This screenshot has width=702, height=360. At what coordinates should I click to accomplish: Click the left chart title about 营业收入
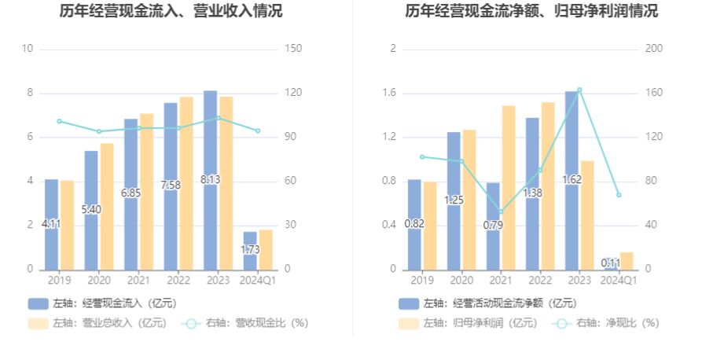171,12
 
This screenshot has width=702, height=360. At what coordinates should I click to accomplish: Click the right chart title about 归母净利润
532,12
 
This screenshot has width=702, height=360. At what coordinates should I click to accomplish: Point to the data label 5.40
91,210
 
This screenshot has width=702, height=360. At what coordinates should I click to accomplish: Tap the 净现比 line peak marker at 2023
579,90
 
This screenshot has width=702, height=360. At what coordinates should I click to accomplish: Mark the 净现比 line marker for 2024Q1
619,195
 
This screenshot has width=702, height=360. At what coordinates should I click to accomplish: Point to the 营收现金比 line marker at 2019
59,121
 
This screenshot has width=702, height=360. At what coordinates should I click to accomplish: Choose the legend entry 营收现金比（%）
244,322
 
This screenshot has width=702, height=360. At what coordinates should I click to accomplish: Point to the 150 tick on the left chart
292,49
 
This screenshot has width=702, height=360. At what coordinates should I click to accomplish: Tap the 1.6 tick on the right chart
388,93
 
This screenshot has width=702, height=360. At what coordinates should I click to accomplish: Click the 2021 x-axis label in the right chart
500,280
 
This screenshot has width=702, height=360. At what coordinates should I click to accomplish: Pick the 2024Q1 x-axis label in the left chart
256,280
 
